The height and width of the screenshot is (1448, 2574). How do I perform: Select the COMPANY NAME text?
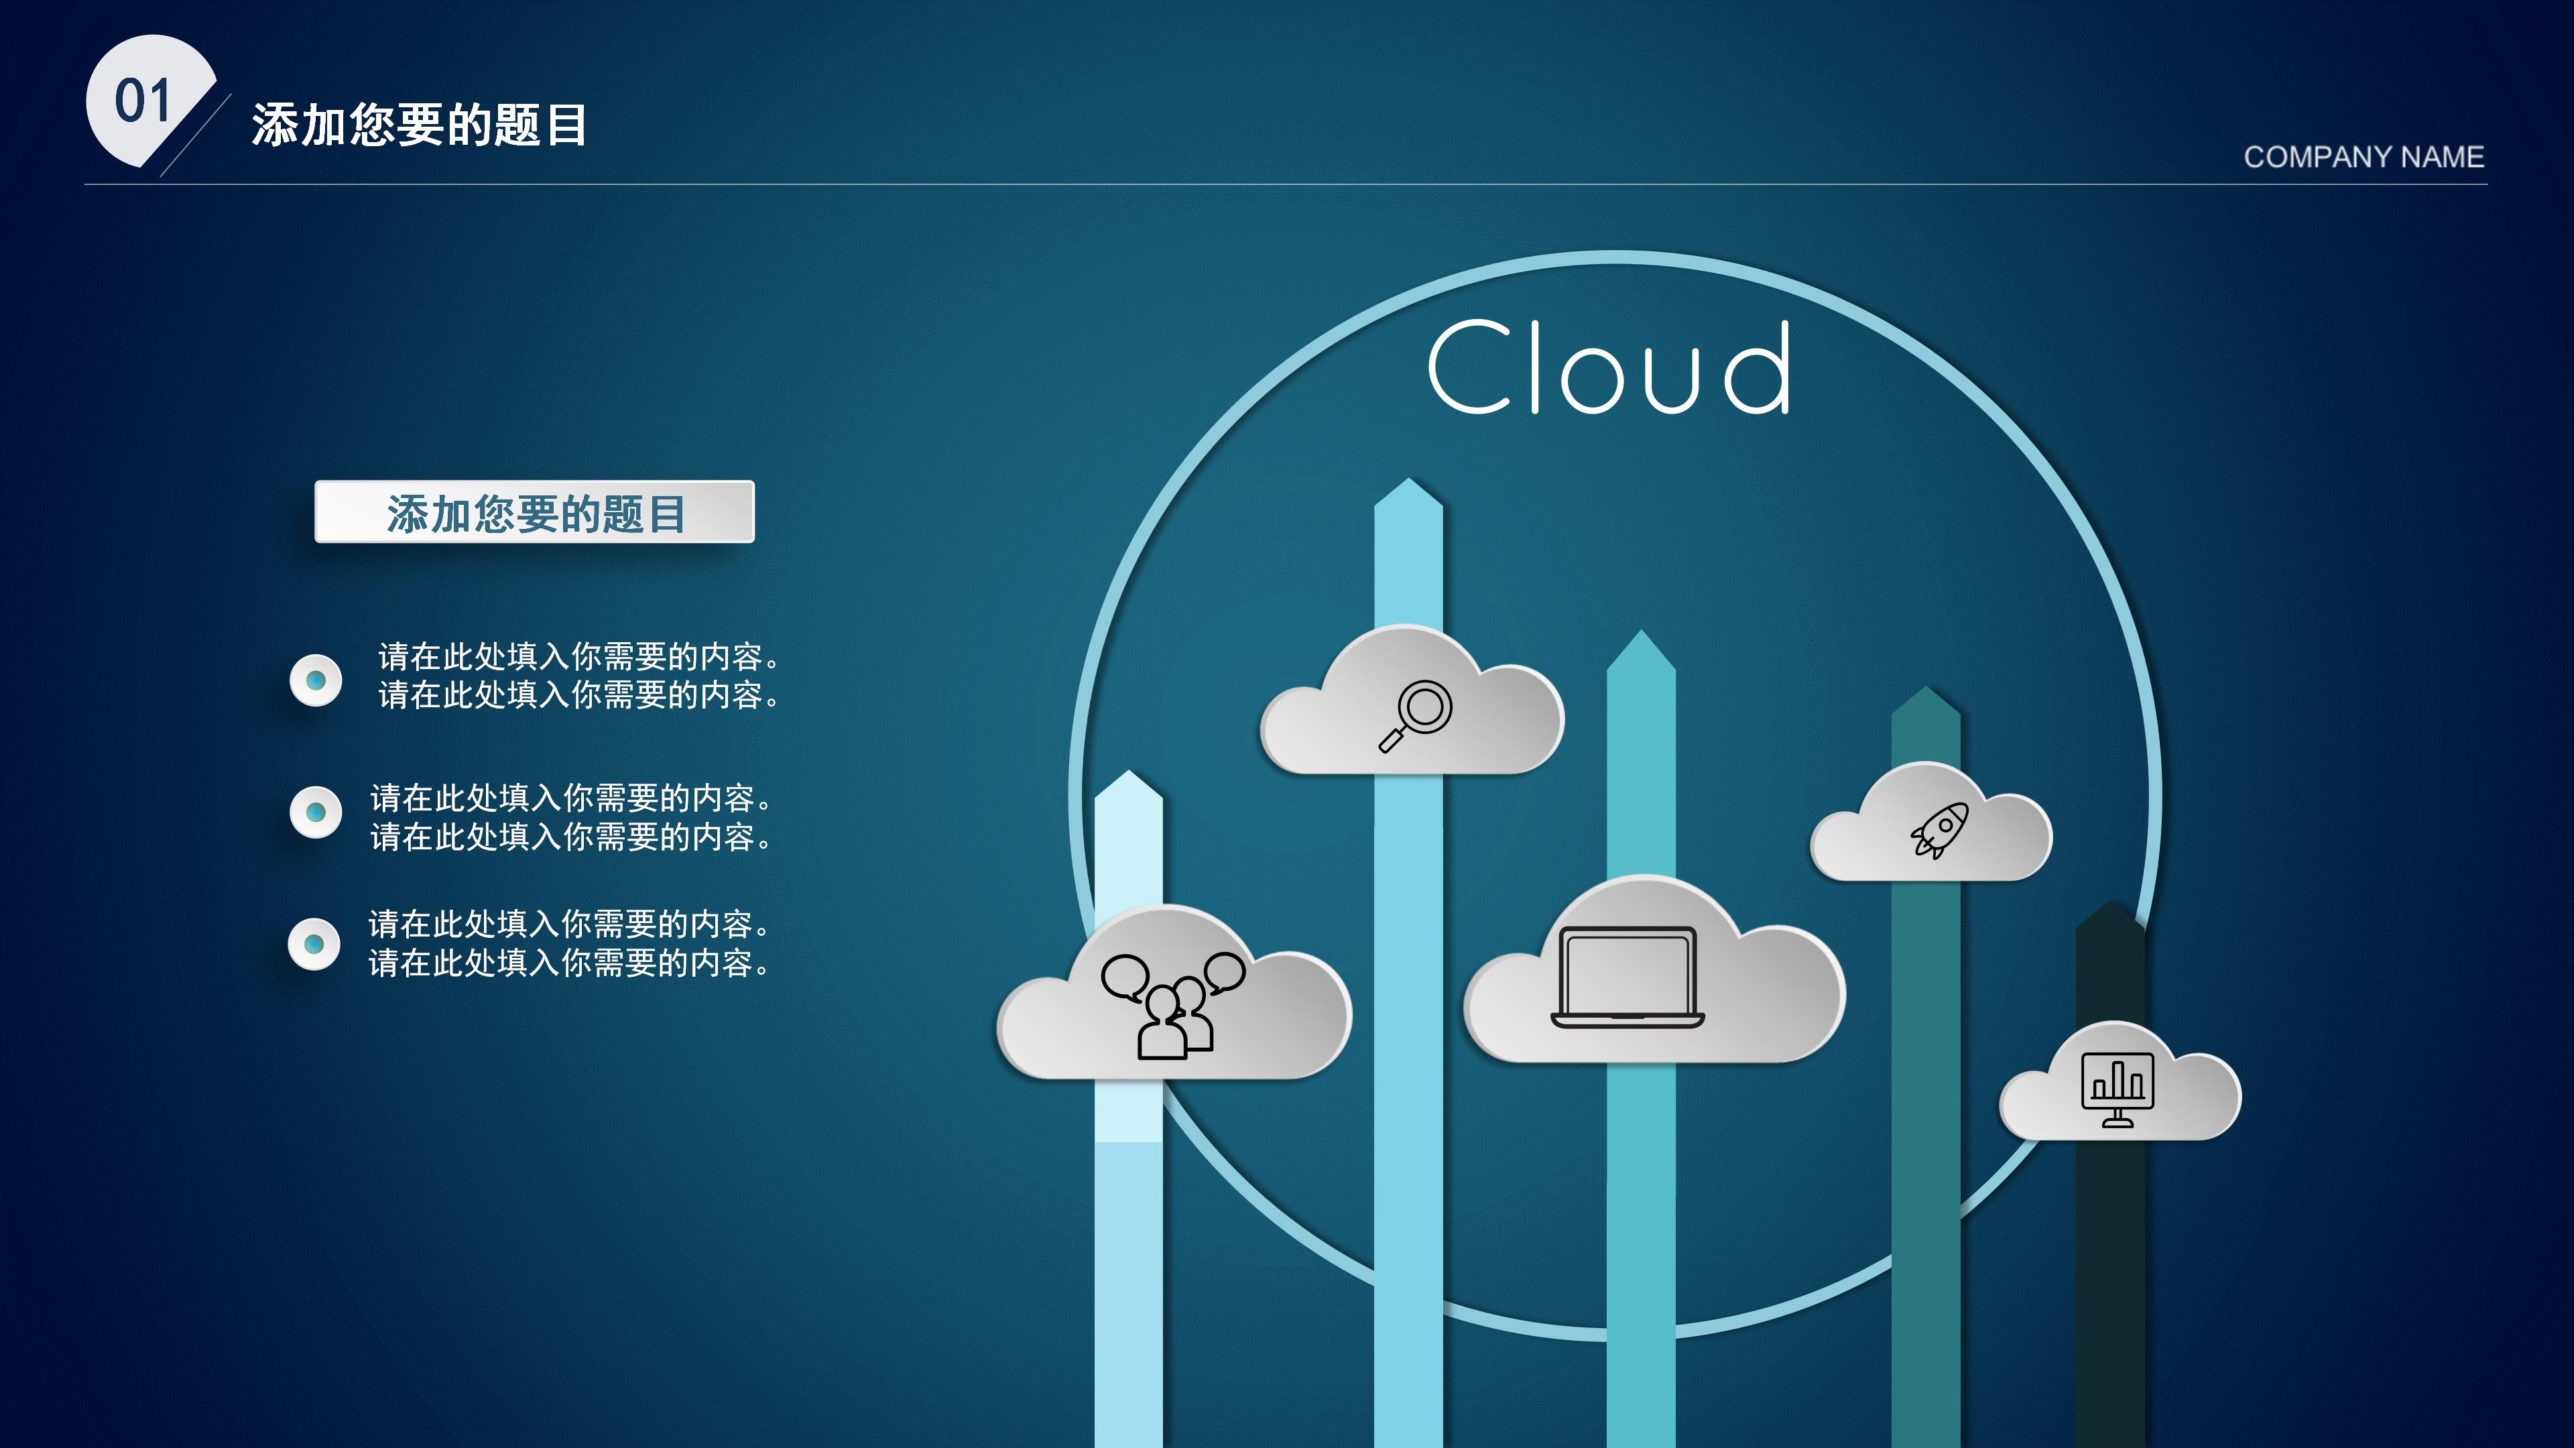point(2363,157)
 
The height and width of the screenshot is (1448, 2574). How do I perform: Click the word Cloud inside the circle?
point(1609,368)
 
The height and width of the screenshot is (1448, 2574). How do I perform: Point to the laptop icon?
point(1628,977)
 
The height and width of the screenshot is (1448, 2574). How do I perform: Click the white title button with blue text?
point(535,513)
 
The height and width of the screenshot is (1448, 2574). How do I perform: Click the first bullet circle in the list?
point(316,680)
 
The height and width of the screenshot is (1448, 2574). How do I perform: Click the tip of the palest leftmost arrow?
point(1128,776)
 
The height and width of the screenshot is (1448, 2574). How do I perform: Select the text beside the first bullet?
point(578,676)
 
